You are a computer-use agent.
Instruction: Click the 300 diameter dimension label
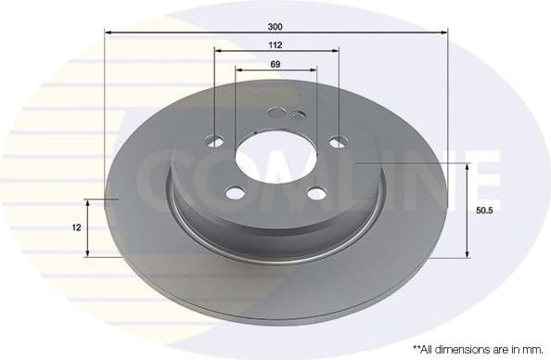pos(275,26)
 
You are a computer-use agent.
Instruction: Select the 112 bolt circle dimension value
pos(275,44)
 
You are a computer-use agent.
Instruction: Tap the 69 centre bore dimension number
pos(275,63)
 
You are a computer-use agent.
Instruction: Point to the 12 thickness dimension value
pos(76,226)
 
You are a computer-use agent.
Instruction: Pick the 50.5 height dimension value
pos(482,211)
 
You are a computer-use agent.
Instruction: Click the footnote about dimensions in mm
pos(476,348)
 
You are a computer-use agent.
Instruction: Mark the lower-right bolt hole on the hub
pos(316,193)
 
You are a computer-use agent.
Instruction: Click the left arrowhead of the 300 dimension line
pos(108,33)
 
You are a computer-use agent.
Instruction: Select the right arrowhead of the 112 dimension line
pos(336,51)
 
